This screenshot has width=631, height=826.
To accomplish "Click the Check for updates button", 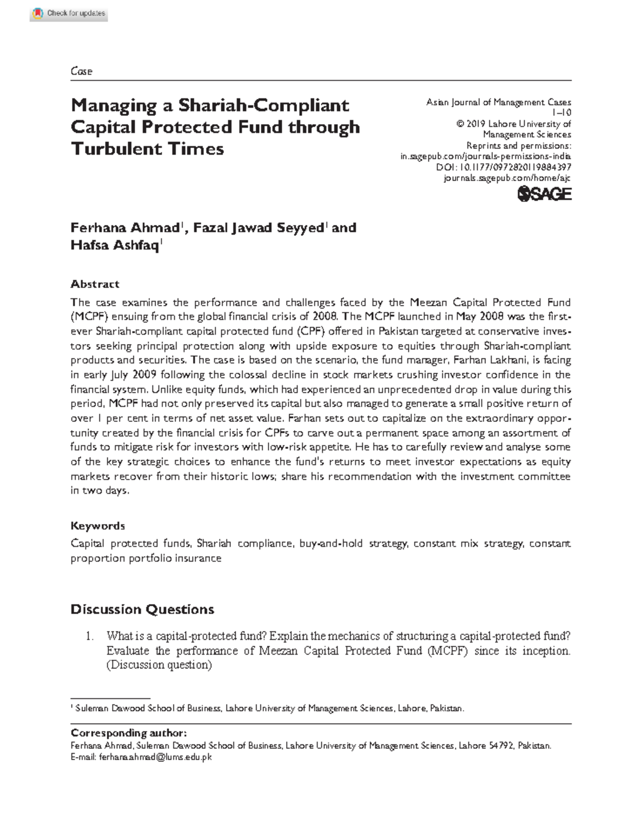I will (x=69, y=14).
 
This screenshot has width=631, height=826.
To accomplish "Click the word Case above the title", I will (x=82, y=71).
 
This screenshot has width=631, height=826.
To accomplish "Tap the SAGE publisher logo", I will (x=544, y=194).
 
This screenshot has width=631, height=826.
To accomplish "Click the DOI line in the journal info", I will (x=504, y=167).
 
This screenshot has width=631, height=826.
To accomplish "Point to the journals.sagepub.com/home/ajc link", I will (x=507, y=178).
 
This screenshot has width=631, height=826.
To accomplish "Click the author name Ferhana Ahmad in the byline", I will (x=125, y=228).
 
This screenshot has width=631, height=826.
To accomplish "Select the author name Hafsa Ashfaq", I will (x=115, y=245).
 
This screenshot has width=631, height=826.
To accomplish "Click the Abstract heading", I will (x=95, y=284).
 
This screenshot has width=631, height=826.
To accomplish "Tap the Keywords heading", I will (x=98, y=526).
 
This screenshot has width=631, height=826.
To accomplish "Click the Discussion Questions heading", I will (x=143, y=610).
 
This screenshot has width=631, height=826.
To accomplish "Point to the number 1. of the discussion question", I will (x=90, y=636).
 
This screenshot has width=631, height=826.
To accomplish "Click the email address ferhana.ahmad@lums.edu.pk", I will (x=155, y=757).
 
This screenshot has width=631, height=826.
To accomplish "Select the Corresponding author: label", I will (x=128, y=733).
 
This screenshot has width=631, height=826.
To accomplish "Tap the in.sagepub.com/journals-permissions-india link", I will (x=486, y=156).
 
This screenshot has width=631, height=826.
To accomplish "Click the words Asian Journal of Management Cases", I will (x=498, y=102).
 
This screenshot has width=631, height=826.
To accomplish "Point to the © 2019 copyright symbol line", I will (x=513, y=124).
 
